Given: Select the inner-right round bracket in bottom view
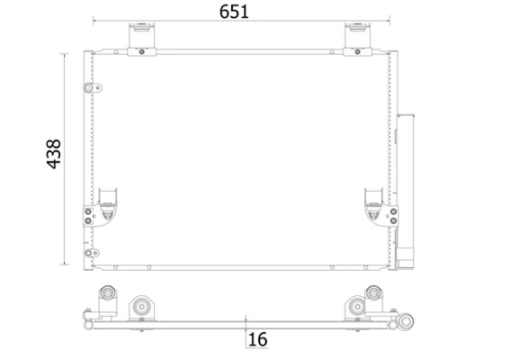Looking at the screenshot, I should point(353,308).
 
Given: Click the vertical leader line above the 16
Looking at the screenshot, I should point(246,326).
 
